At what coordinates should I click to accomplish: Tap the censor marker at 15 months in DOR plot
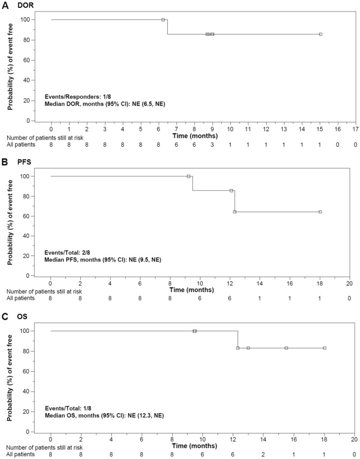(x=321, y=34)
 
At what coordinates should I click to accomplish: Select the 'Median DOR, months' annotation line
(x=105, y=103)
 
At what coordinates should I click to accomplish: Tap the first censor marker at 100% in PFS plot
(x=188, y=176)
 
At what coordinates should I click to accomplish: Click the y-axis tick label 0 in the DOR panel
(x=40, y=121)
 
